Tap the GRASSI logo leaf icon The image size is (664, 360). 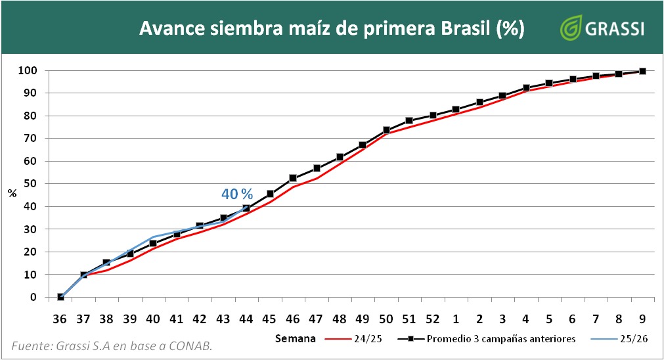569,28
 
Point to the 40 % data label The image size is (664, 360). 236,194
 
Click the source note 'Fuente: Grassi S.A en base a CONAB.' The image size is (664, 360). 112,346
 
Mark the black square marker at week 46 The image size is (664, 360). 293,178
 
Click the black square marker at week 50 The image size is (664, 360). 386,130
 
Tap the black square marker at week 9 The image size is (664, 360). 642,71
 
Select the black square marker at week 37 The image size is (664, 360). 83,275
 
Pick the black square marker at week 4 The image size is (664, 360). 526,87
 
